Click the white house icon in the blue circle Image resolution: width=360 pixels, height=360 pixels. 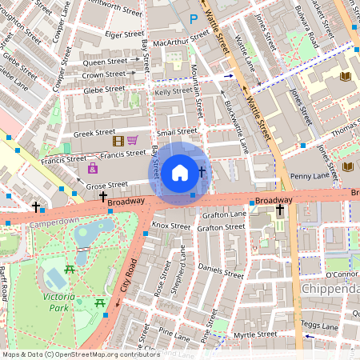click(x=180, y=172)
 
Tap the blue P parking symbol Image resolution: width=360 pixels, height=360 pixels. click(x=193, y=18)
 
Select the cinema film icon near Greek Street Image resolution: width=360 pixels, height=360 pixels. click(x=118, y=142)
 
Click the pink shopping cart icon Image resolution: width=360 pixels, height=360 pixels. click(x=133, y=141)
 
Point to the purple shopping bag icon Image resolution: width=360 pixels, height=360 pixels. click(x=94, y=168)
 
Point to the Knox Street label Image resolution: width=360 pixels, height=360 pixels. click(x=170, y=226)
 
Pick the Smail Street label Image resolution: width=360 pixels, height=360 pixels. click(x=177, y=131)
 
